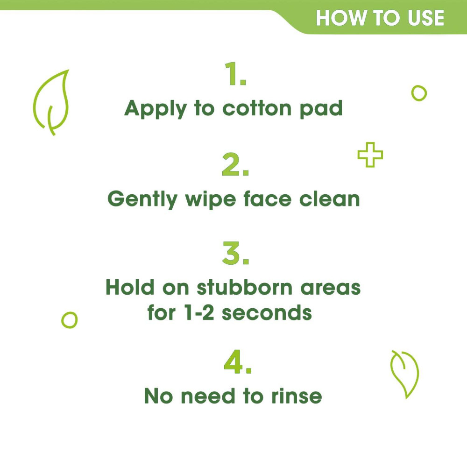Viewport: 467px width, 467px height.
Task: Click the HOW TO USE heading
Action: coord(380,18)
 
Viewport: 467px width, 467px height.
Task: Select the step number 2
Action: coord(235,166)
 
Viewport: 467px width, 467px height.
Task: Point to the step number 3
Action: coord(235,255)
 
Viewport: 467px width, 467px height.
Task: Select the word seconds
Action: coord(267,312)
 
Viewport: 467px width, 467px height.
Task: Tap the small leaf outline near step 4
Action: coord(404,374)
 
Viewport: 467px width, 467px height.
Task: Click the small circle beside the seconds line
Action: coord(69,320)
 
